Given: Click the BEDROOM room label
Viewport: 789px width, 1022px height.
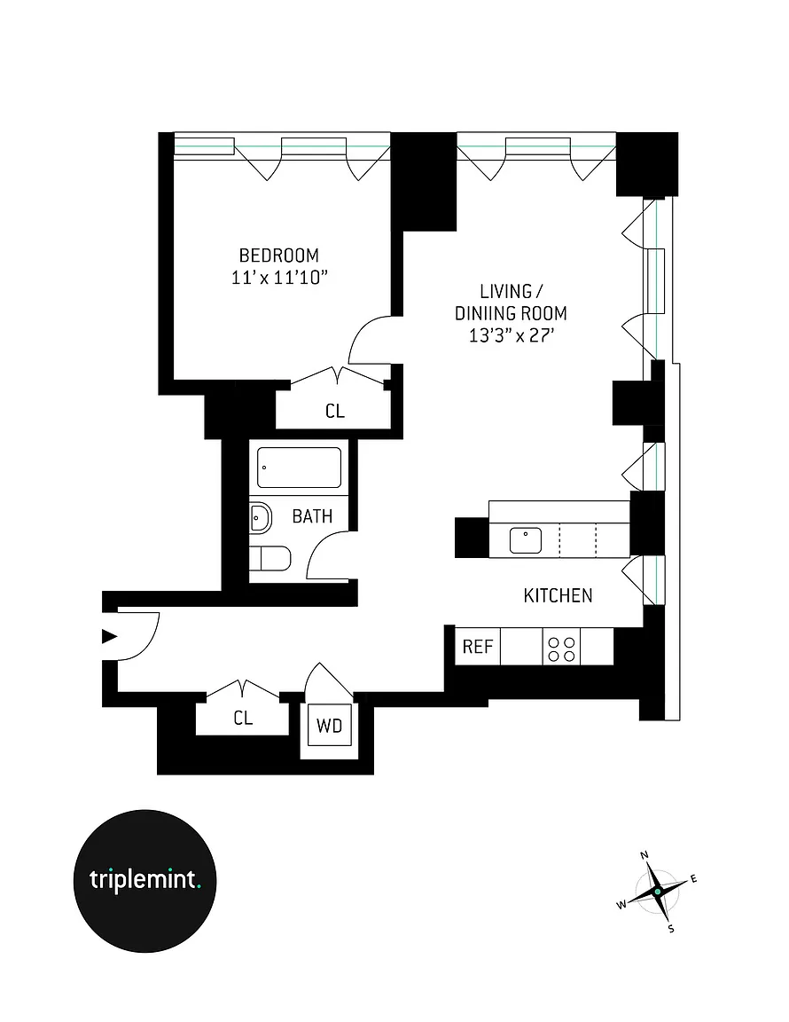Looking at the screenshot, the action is (278, 255).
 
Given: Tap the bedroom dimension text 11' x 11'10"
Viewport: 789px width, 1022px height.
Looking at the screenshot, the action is (278, 278).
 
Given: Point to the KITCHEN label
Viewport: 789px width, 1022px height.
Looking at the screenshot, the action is (558, 595).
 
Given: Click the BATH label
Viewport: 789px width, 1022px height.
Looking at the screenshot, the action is (312, 515).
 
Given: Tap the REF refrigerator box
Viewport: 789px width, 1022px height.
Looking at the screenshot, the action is (478, 646).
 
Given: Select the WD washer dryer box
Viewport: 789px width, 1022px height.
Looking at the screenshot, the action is (329, 727).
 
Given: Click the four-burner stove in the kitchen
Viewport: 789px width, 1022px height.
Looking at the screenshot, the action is (561, 649).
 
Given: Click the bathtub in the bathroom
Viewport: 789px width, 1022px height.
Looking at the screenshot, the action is (299, 468).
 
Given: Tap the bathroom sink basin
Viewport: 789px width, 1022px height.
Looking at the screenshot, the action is (261, 516).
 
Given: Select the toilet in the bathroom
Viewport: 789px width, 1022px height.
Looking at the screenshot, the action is (270, 559).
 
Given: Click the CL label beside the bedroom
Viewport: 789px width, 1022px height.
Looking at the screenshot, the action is (334, 412).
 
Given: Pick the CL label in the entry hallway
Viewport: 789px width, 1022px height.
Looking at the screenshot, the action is (243, 719).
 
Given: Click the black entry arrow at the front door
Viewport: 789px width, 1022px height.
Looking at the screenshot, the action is (109, 635).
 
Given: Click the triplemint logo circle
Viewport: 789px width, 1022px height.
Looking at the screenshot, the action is (144, 879).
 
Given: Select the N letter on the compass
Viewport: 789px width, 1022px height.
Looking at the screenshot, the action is (644, 854).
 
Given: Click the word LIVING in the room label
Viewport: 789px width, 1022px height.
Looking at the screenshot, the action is (506, 292).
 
